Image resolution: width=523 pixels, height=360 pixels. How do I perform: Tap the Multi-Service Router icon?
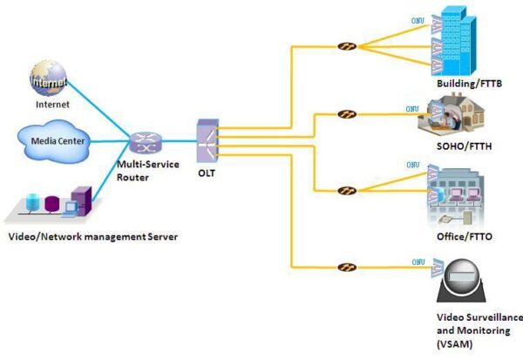pyautogui.click(x=142, y=142)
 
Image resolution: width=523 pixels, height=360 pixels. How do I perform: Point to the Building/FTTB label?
pyautogui.click(x=469, y=85)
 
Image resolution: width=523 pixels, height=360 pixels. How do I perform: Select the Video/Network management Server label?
pyautogui.click(x=92, y=236)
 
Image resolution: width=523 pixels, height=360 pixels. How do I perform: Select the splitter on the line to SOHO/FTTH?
pyautogui.click(x=346, y=113)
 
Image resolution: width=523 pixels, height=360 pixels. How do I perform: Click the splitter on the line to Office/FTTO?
pyautogui.click(x=346, y=189)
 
